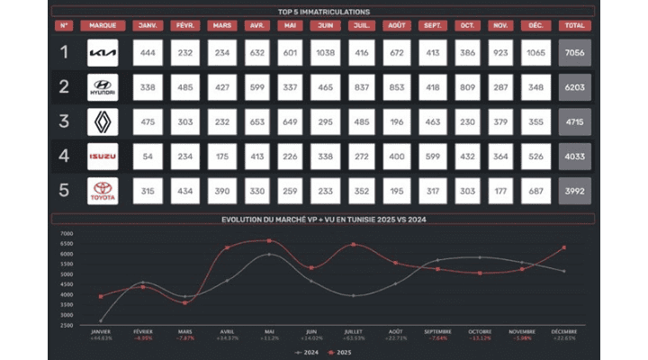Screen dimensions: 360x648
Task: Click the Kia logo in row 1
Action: coord(103,53)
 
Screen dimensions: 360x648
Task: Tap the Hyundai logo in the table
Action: coord(103,87)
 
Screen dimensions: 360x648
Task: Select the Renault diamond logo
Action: coord(103,121)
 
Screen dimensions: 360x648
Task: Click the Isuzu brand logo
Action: coord(103,157)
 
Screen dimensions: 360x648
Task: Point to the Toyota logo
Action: coord(103,190)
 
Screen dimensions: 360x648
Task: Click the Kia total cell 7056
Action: coord(574,53)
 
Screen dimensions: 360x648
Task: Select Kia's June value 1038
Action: coord(326,53)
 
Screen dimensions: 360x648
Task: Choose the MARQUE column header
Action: coord(103,25)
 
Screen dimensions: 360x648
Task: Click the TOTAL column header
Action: coord(574,25)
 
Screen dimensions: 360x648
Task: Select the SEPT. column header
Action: coord(431,25)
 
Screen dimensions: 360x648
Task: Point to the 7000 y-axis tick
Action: coord(67,233)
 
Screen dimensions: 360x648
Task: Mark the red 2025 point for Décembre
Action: coord(563,247)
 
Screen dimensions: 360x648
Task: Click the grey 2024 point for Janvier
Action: coord(101,320)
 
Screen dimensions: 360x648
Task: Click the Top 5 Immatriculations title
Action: coord(324,12)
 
